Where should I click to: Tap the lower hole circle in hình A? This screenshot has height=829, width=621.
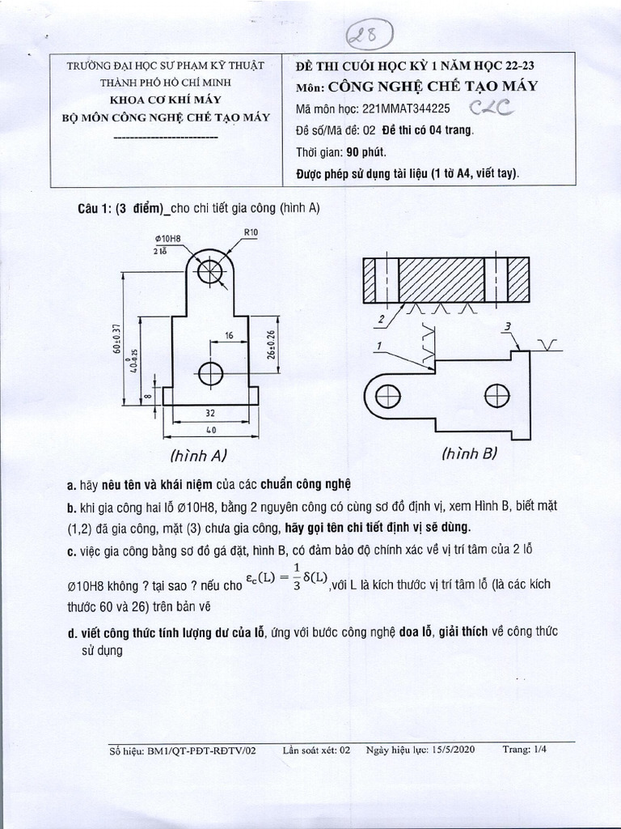point(211,373)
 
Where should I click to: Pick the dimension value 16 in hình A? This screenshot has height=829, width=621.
point(229,334)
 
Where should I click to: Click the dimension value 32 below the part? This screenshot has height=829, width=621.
point(209,413)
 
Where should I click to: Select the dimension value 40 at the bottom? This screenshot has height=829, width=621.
point(210,431)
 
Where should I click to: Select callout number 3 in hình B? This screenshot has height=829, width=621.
point(507,326)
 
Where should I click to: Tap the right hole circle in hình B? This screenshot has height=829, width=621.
point(497,395)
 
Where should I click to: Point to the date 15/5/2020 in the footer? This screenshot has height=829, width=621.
point(452,750)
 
